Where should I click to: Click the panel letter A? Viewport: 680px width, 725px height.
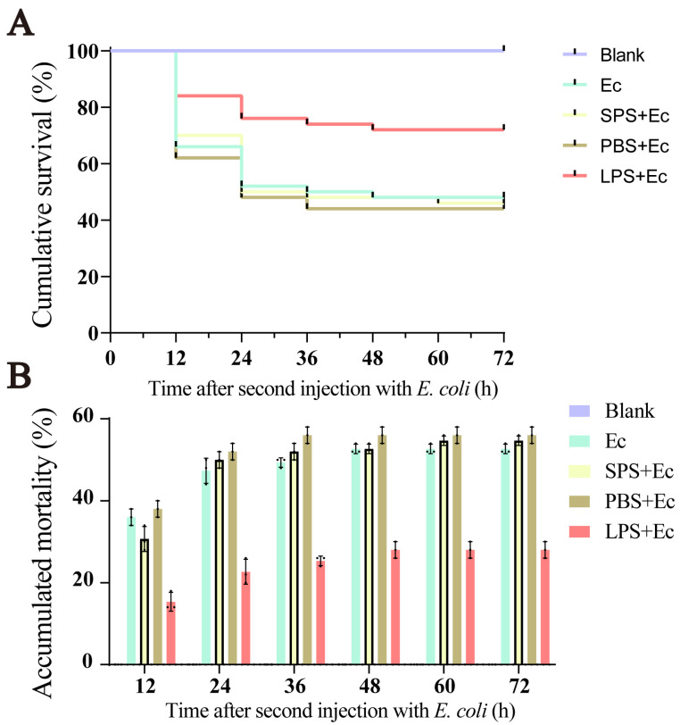pos(21,21)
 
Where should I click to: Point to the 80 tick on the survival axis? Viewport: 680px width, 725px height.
pos(88,108)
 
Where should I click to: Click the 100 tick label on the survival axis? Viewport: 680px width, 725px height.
pos(85,52)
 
